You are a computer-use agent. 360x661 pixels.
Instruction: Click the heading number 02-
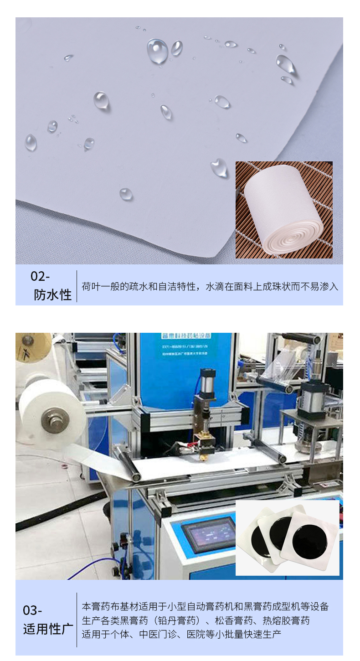(x=40, y=276)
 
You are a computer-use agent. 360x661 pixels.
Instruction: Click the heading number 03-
(x=33, y=610)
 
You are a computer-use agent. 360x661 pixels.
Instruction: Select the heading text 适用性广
(x=48, y=630)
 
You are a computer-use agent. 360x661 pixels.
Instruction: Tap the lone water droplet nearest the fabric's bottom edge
(x=126, y=194)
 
